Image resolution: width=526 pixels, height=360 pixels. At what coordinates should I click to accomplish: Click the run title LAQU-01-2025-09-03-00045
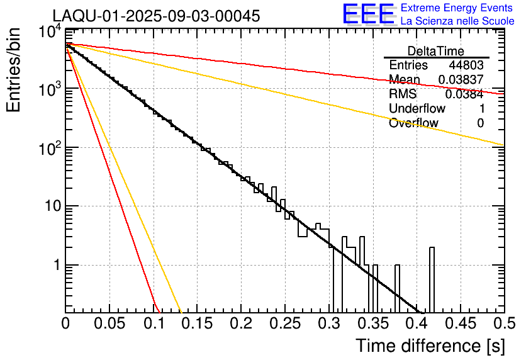156,16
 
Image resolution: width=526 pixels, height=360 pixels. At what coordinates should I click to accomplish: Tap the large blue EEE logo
368,14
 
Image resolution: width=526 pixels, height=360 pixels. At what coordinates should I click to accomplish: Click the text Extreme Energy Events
457,8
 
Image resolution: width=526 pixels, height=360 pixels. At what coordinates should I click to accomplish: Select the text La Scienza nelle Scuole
457,21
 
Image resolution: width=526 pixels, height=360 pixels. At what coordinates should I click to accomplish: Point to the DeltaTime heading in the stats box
436,51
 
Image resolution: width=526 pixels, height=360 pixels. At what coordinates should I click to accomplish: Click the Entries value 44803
466,65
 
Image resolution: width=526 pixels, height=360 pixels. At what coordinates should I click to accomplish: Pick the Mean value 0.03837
461,80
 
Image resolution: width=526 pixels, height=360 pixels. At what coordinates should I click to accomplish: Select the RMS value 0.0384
464,94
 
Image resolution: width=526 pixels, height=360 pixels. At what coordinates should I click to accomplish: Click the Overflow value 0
480,123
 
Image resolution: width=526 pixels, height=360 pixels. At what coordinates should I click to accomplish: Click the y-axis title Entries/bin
14,69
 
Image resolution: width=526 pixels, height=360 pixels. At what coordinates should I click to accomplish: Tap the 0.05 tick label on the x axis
109,323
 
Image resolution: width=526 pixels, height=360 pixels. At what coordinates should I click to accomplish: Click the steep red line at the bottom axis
158,310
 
